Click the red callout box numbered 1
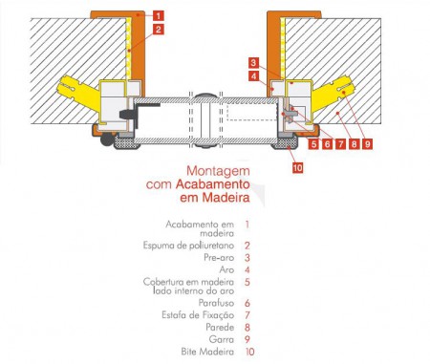click(159, 15)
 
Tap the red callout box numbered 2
click(159, 30)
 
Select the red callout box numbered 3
click(253, 62)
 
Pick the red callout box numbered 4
click(253, 76)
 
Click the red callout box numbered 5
click(314, 144)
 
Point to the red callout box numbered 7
click(341, 144)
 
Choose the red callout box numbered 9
click(367, 144)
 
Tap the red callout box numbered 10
click(297, 167)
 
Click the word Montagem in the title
click(218, 171)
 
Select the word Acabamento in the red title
click(213, 184)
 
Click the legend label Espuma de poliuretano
click(188, 246)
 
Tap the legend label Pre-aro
click(219, 257)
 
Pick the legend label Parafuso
click(217, 303)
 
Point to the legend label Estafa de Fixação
click(198, 315)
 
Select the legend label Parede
click(220, 327)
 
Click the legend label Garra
click(222, 339)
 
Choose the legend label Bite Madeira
click(207, 352)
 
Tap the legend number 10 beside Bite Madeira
click(250, 352)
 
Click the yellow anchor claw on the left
click(78, 91)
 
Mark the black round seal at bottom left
click(107, 140)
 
